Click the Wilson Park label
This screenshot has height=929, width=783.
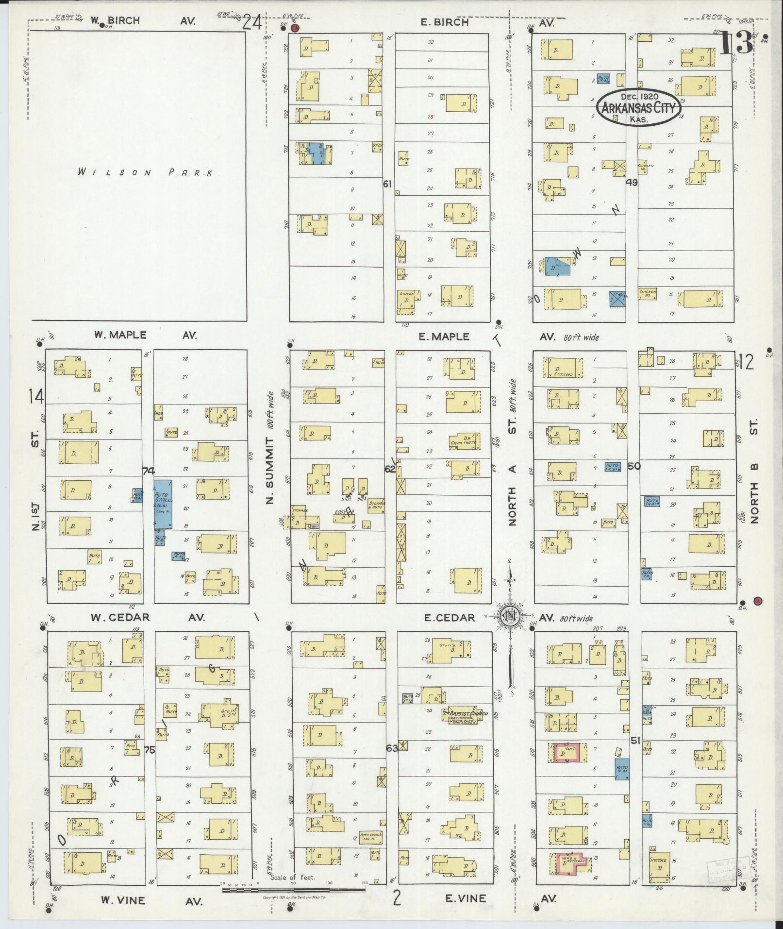[x=146, y=173]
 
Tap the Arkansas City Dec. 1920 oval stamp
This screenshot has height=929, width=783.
[x=639, y=107]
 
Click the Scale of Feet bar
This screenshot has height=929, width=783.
[x=293, y=890]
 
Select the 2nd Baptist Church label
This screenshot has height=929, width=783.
[x=459, y=715]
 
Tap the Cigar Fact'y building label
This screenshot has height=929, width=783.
[x=464, y=441]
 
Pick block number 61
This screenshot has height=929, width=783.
[x=387, y=184]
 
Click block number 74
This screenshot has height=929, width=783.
[x=149, y=471]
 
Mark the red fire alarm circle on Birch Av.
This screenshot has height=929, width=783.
[x=295, y=28]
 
